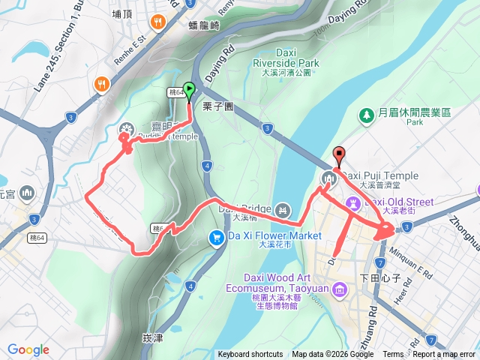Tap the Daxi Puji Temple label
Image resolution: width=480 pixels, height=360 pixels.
coord(379,175)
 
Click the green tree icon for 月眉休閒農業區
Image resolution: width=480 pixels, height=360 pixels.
coord(367,115)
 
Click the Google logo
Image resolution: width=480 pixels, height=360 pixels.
coord(28,349)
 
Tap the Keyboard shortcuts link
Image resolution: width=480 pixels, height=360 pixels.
coord(250,355)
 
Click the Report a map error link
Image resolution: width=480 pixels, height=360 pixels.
coord(445,355)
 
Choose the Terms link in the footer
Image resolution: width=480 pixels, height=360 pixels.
coord(393,355)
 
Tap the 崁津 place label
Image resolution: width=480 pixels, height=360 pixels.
coord(151,338)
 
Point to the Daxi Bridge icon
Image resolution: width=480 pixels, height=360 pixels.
coord(281,209)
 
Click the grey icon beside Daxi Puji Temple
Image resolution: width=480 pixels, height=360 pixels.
coord(328,178)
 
